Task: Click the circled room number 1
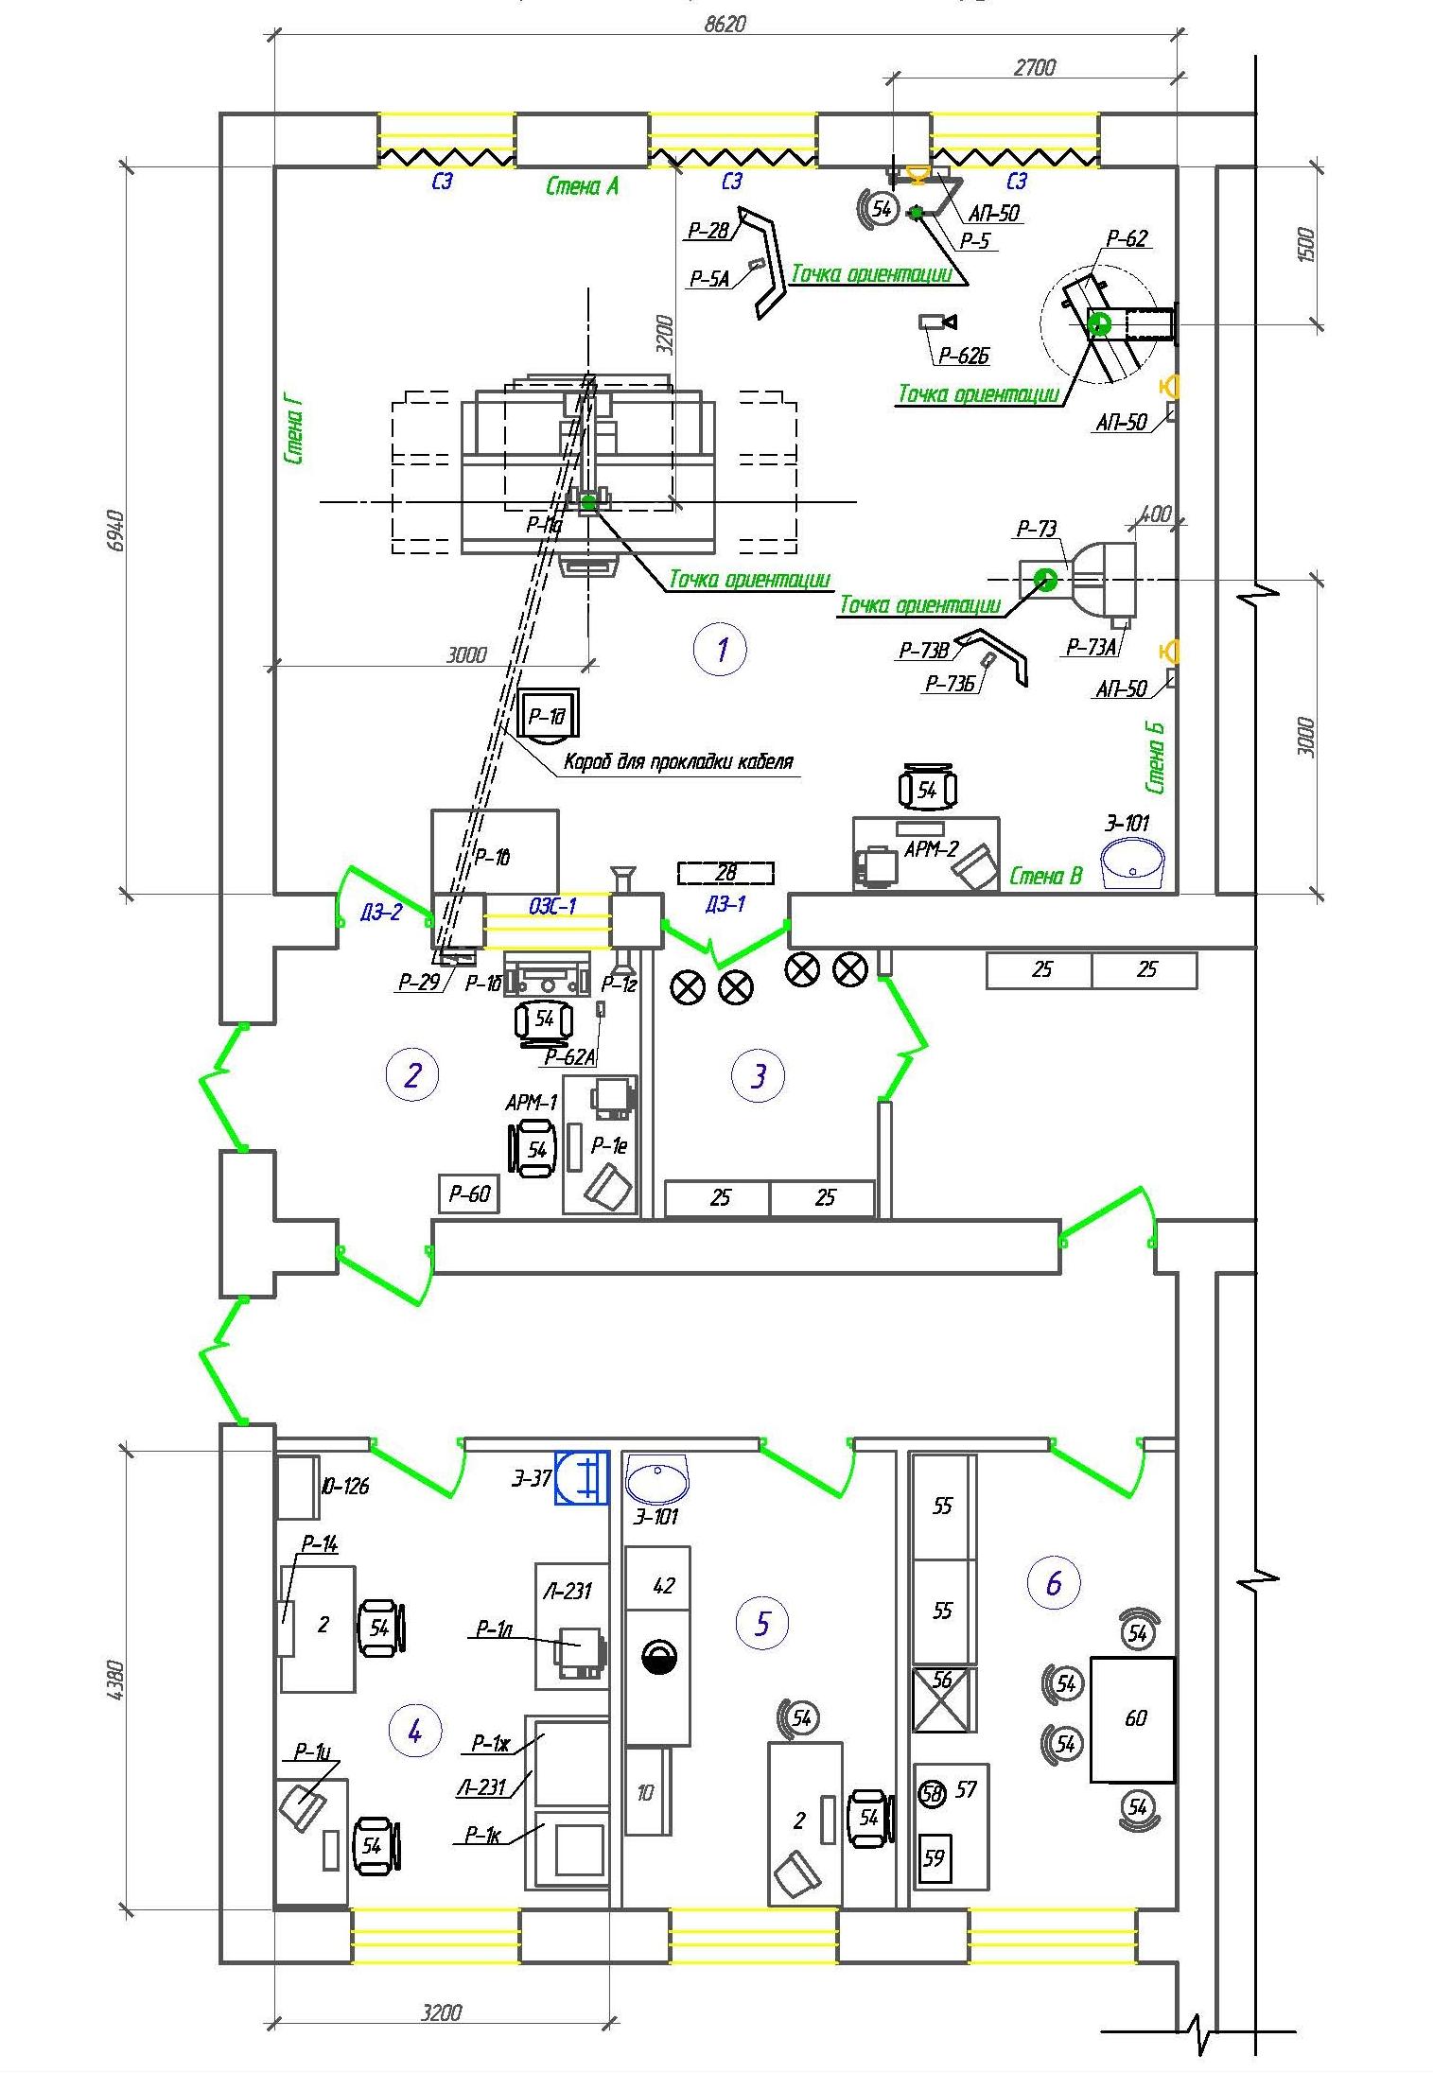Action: tap(720, 649)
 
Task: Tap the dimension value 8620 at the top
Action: tap(725, 24)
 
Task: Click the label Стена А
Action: tap(582, 185)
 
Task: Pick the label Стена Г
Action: tap(293, 431)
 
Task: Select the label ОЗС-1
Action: tap(552, 906)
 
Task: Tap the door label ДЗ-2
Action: tap(381, 912)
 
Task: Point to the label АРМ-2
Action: tap(931, 848)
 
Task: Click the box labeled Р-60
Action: tap(468, 1193)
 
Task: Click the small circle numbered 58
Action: tap(933, 1793)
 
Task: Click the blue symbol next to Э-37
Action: tap(582, 1478)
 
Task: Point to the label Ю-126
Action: tap(344, 1486)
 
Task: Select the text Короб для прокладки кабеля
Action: tap(678, 760)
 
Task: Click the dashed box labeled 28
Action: tap(725, 873)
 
